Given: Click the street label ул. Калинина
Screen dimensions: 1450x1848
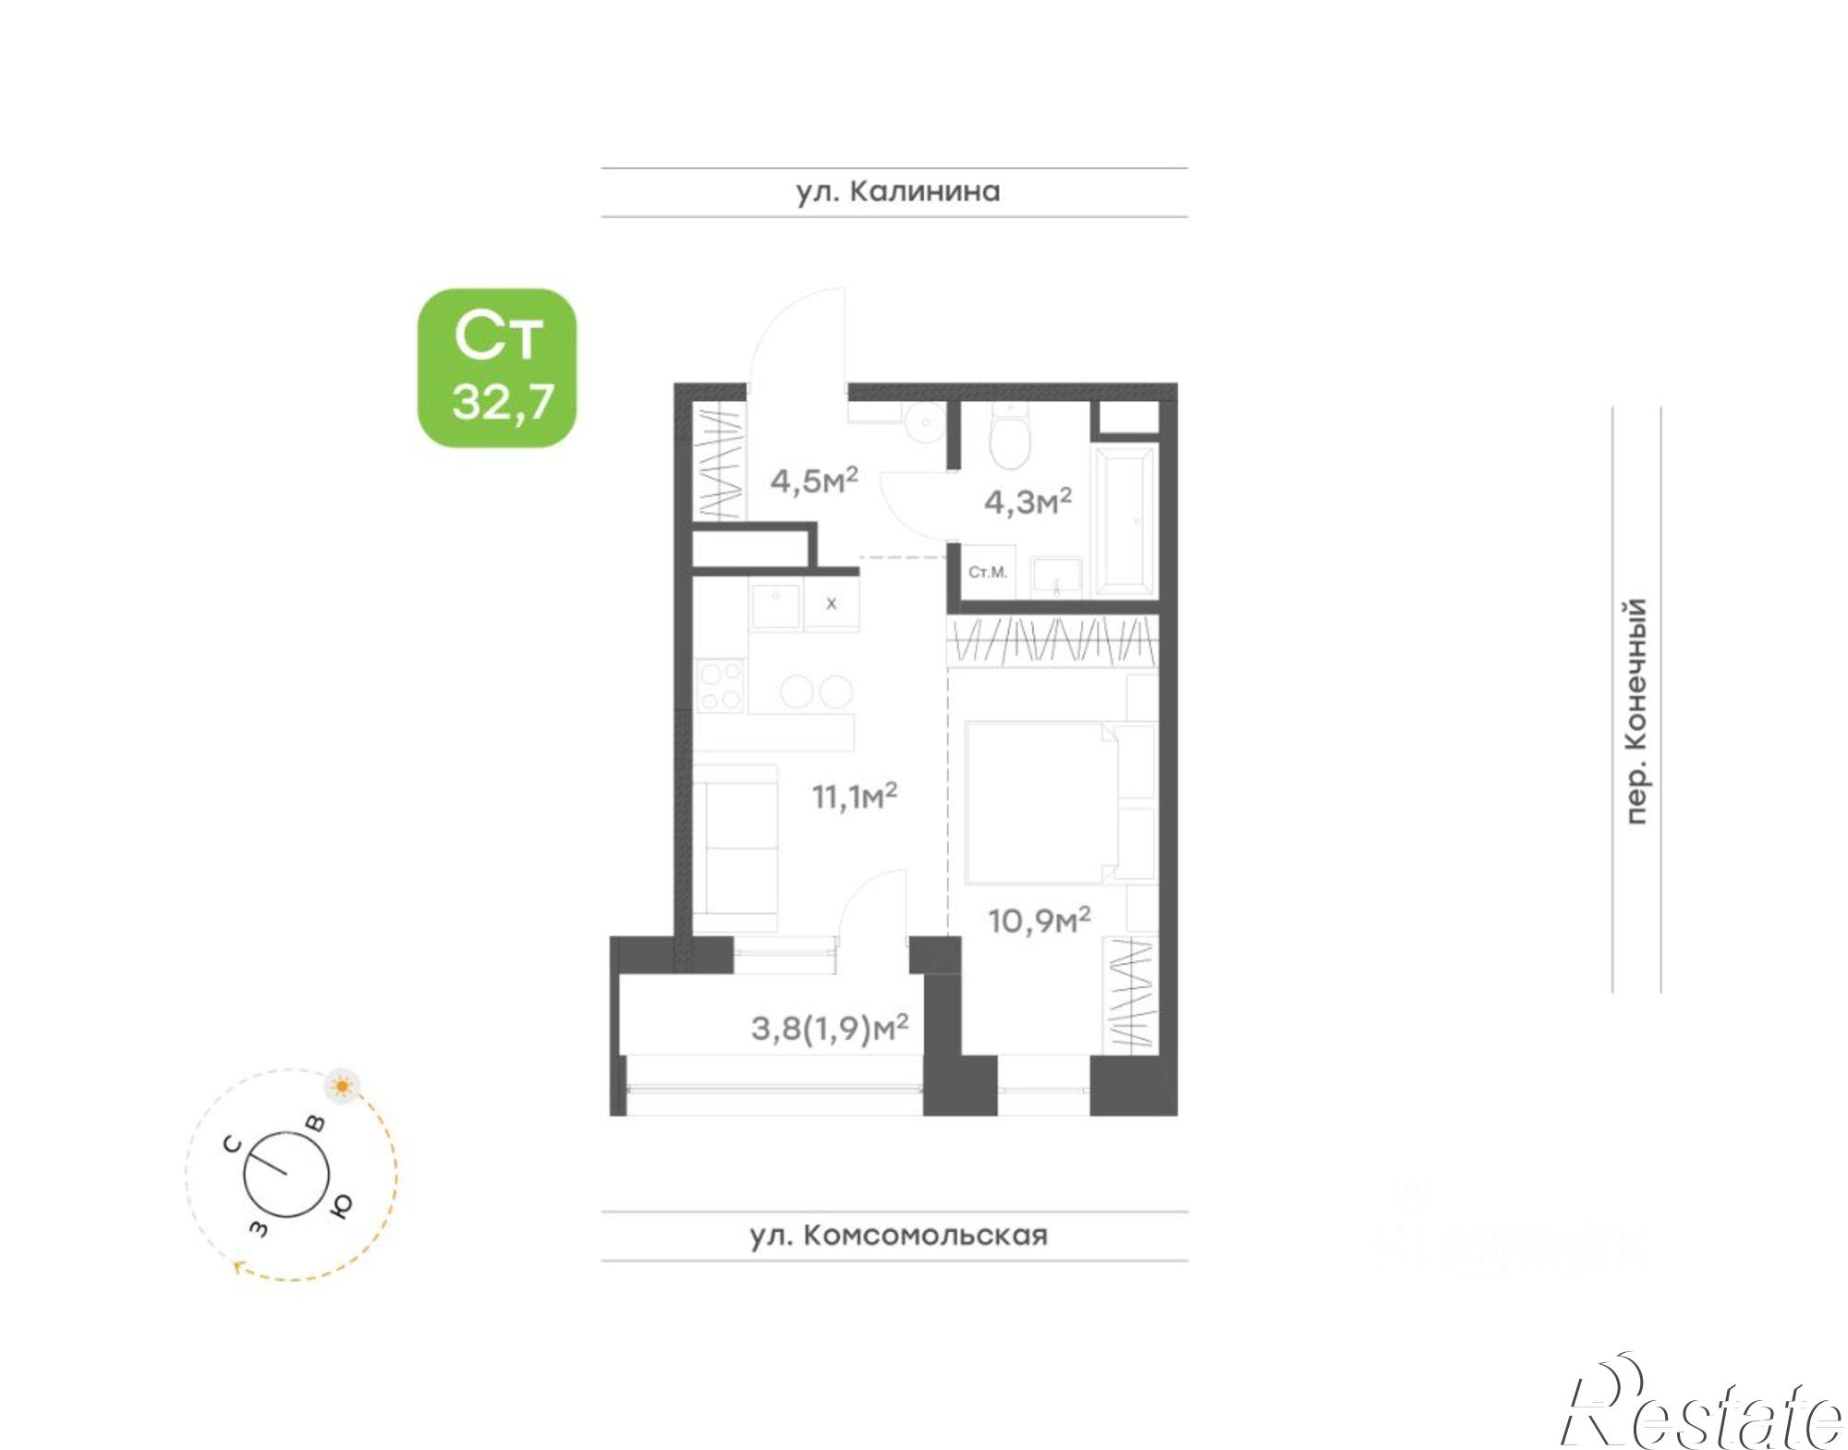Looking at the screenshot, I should [x=897, y=191].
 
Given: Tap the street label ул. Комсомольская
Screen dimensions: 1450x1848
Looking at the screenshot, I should [x=897, y=1236].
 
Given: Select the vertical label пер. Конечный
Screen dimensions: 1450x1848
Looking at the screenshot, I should [x=1635, y=711].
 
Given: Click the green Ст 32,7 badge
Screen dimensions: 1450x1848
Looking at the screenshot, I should [x=497, y=368].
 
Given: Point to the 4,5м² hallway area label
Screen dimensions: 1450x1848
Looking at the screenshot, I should [x=814, y=481].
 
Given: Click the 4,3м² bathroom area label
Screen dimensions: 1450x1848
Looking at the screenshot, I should [x=1027, y=502].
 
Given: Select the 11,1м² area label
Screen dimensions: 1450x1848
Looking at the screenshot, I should [x=855, y=796].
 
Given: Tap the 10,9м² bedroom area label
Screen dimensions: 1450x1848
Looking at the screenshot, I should [x=1039, y=920].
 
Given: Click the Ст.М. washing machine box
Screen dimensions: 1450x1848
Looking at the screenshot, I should [x=988, y=573].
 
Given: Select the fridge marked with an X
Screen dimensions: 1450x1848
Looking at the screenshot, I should [x=831, y=603].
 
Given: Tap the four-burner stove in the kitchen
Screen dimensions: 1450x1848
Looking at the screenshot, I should [x=720, y=685].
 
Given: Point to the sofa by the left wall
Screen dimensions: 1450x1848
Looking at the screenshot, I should [x=735, y=846].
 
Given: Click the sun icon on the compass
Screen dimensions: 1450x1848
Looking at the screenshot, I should [x=343, y=1086].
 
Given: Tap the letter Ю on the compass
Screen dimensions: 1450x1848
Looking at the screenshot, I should [x=341, y=1205].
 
